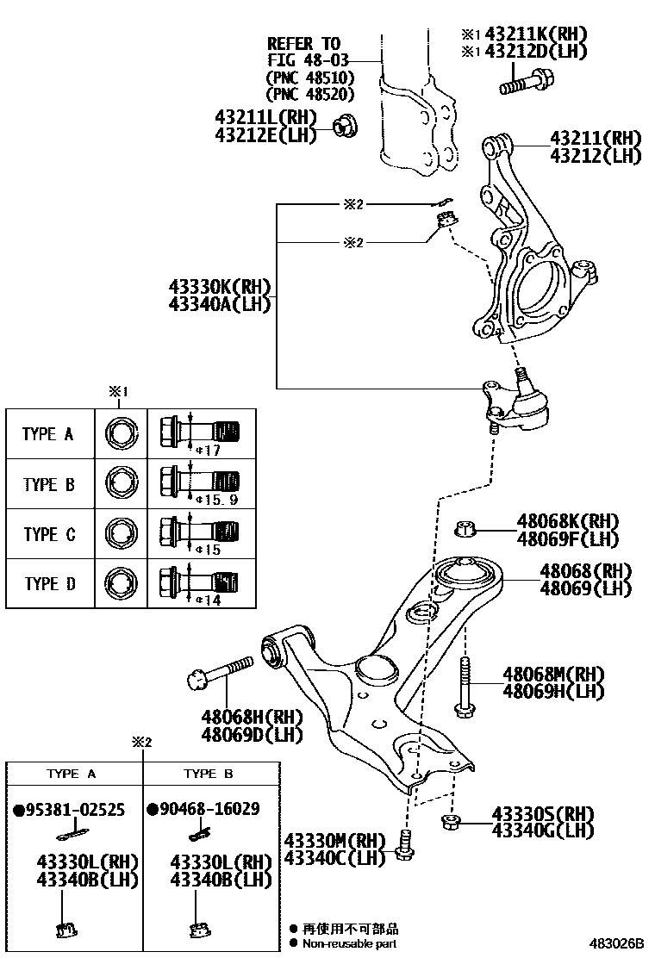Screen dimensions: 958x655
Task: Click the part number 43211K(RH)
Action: click(535, 34)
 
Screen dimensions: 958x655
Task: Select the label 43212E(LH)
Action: click(265, 134)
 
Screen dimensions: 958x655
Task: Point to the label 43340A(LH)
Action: click(220, 303)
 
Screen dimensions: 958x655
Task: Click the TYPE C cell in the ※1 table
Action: click(49, 534)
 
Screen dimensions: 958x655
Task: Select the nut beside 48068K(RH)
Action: click(465, 527)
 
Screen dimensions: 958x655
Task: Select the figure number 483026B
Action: click(617, 944)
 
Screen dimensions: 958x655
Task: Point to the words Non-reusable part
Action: click(349, 943)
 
